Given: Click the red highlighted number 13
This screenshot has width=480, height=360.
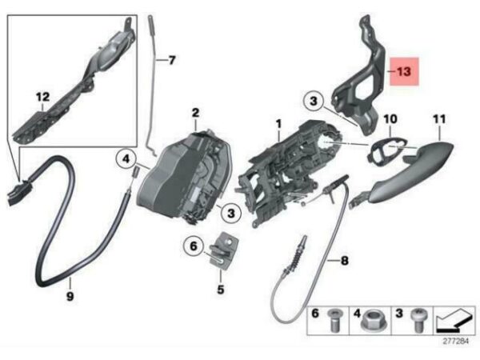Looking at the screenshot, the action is coord(404,72).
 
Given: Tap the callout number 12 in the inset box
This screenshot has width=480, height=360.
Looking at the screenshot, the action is coord(42,97).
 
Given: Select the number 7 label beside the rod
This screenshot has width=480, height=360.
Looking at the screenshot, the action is coord(172,60).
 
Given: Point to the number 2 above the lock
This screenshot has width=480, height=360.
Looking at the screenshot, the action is coord(195,113).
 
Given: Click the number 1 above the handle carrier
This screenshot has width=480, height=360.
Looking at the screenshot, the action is coord(278,124).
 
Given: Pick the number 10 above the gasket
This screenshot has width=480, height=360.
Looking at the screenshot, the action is coord(390,118).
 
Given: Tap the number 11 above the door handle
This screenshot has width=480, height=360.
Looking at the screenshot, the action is coord(439,118).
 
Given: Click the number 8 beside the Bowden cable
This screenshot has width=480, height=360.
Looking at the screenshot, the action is coord(344,261).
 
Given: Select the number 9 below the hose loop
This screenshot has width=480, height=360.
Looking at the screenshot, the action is coord(70,296).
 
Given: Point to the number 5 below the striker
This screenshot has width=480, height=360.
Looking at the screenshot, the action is coord(221,290).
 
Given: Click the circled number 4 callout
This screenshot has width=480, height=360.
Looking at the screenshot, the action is coord(126,159).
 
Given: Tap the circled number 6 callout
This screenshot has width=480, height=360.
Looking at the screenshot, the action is coord(194,246).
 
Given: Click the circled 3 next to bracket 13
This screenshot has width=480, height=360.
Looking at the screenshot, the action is coord(314,101).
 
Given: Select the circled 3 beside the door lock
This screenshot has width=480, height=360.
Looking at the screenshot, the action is coord(231,213).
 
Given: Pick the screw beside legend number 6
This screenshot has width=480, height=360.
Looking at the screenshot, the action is coord(334,320).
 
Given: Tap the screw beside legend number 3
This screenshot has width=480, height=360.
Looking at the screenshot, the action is coord(418,320).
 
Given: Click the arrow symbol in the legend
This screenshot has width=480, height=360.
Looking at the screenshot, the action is coord(454,321).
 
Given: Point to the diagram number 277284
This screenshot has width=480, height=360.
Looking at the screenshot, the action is coord(455,341).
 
